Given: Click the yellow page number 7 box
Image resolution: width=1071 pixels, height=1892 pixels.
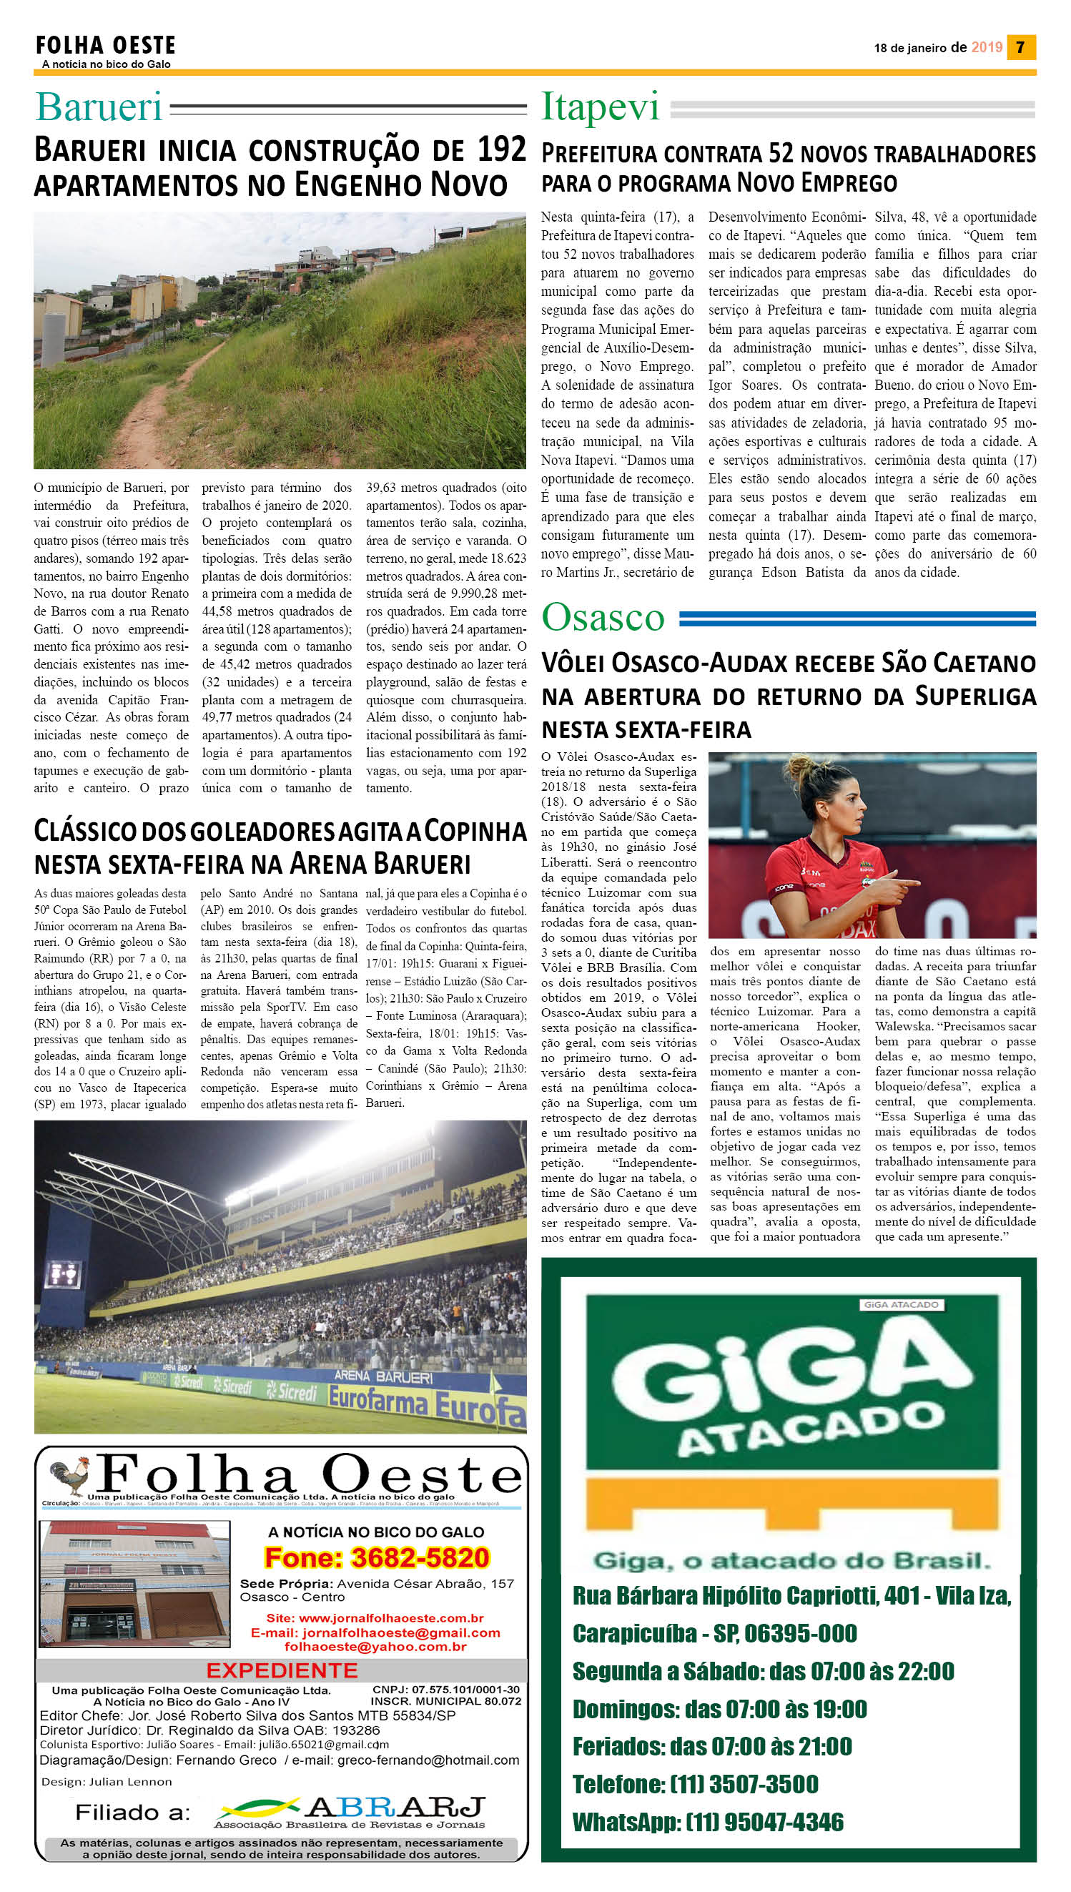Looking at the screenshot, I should pyautogui.click(x=1020, y=47).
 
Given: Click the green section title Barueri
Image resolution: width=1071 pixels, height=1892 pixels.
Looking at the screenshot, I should pyautogui.click(x=99, y=107).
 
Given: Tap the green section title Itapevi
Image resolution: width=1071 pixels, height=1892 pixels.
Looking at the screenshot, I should pyautogui.click(x=601, y=107).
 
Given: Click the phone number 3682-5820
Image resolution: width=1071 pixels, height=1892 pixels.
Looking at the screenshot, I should pyautogui.click(x=377, y=1557).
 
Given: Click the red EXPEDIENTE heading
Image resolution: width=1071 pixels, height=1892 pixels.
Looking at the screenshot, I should pyautogui.click(x=282, y=1670).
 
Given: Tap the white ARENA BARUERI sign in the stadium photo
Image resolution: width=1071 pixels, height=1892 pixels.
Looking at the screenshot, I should pyautogui.click(x=383, y=1376).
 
